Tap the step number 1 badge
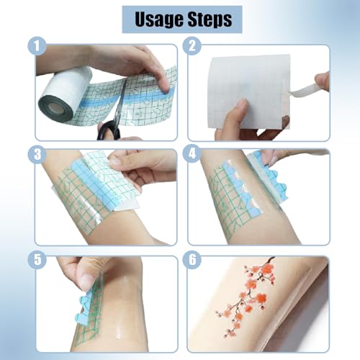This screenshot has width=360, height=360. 35,48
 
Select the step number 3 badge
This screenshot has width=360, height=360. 35,154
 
